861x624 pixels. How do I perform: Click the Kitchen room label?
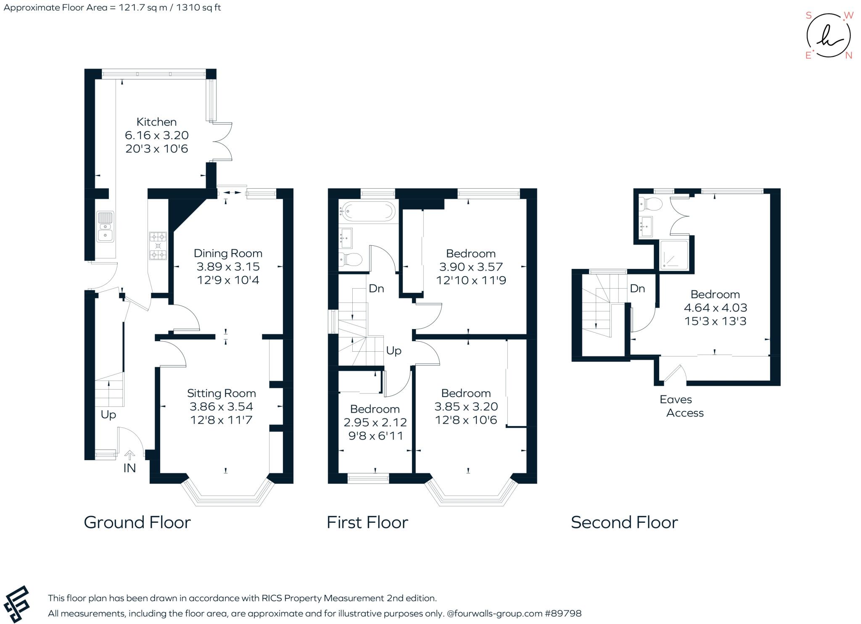(156, 122)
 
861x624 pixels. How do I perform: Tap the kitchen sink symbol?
(105, 226)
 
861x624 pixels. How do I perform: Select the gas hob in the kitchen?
(158, 246)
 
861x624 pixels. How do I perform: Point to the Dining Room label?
(228, 253)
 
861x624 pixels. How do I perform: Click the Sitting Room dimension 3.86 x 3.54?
(221, 407)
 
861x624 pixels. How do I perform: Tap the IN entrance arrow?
(129, 455)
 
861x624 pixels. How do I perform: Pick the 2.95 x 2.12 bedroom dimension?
(375, 422)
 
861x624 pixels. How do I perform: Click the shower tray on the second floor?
(674, 255)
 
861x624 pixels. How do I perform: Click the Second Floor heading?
(624, 523)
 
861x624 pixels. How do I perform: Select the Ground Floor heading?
(137, 523)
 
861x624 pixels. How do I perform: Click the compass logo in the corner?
(828, 35)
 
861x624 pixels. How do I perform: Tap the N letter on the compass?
(848, 55)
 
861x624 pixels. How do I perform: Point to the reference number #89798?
(563, 613)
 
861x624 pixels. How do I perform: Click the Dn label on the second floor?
(637, 289)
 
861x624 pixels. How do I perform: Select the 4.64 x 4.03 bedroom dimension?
(715, 308)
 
